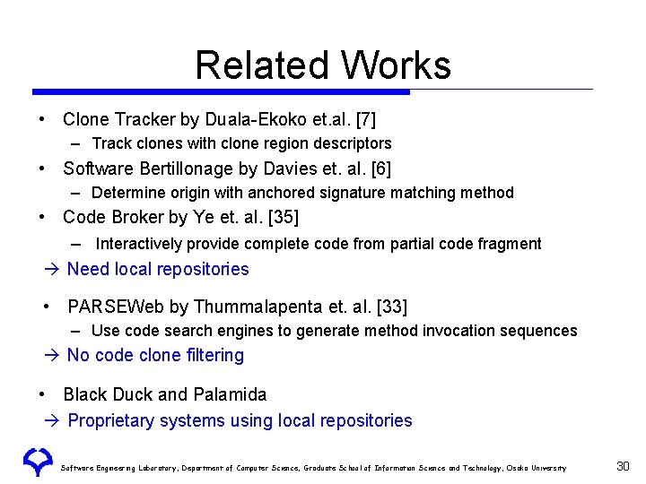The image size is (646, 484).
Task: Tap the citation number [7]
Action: (366, 119)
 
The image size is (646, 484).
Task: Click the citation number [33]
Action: (392, 307)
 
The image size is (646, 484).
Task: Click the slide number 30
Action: (624, 466)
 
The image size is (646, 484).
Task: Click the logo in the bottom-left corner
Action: (39, 461)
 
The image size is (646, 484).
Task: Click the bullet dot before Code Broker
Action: (42, 217)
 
